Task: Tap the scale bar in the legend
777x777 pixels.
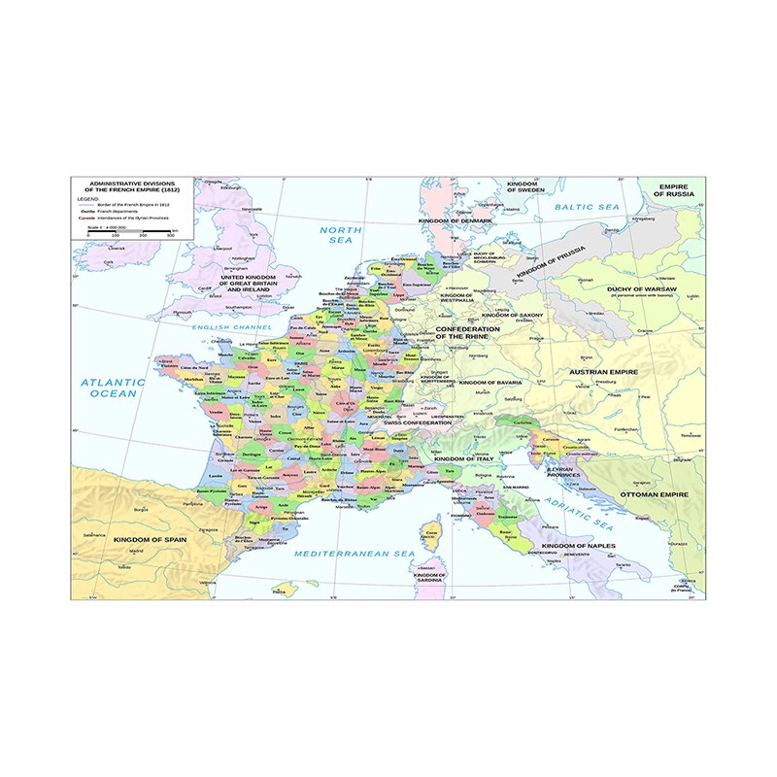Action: tap(128, 231)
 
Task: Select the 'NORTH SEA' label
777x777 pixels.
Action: tap(341, 234)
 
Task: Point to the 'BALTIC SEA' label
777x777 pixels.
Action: tap(586, 208)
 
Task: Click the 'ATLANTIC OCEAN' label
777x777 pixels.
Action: tap(113, 388)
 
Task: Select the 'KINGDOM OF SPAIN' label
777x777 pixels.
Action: tap(149, 539)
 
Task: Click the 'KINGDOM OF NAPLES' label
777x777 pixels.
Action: tap(579, 547)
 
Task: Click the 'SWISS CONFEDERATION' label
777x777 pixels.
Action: tap(418, 423)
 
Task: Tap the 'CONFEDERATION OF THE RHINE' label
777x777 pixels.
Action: tap(467, 333)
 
